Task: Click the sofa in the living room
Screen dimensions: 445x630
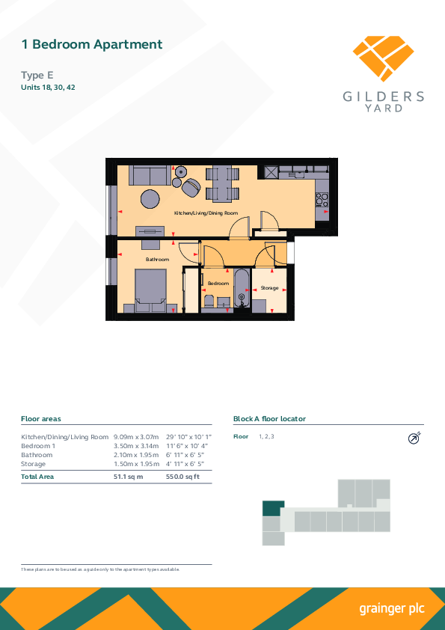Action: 150,175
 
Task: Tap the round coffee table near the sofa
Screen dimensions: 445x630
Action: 150,198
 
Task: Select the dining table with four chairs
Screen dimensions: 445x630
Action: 223,183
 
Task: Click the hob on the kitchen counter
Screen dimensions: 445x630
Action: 322,199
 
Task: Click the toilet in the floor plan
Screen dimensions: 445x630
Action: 209,302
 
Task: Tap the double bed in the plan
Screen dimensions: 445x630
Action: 150,290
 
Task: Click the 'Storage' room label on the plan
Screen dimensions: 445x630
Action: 269,288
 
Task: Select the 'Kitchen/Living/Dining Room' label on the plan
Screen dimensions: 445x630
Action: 206,213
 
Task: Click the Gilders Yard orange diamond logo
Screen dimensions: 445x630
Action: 383,58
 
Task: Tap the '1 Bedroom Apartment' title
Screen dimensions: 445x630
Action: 91,44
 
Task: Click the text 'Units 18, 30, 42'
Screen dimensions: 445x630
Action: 48,88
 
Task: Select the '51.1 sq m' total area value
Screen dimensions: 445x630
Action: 128,477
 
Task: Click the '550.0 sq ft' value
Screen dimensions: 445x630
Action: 182,477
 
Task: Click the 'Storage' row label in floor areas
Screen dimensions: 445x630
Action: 34,464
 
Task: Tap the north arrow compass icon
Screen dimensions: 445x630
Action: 414,438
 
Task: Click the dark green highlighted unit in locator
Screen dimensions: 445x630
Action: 273,508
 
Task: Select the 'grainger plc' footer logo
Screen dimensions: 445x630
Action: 392,609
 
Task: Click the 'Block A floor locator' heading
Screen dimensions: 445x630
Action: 269,419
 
